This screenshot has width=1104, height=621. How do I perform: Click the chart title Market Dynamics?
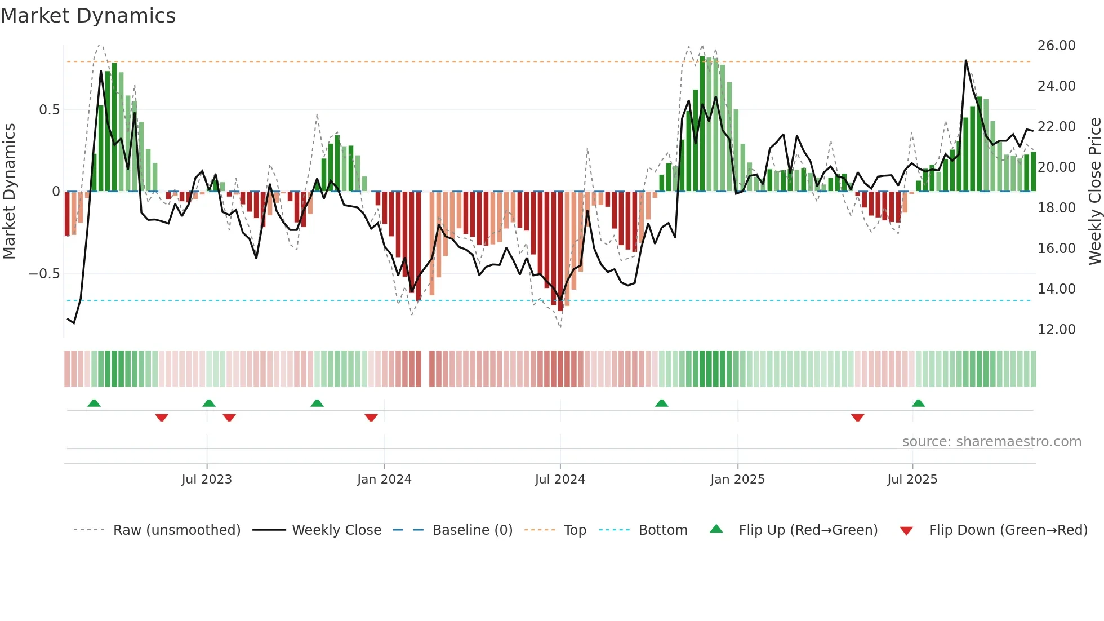[88, 16]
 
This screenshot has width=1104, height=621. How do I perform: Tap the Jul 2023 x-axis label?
[207, 480]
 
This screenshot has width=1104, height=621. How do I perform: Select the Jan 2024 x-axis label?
[384, 480]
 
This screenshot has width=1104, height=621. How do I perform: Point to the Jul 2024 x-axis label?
[560, 480]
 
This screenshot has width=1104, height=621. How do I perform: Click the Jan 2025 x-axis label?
[737, 480]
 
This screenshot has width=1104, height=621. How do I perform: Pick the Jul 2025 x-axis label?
[912, 480]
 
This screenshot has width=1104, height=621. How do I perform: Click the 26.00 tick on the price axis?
[1056, 46]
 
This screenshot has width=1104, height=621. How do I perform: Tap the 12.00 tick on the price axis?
[1056, 330]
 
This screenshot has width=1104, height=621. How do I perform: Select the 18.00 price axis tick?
[1056, 208]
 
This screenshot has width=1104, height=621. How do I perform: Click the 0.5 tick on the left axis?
[49, 110]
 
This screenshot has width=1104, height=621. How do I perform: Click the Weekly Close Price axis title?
[1094, 191]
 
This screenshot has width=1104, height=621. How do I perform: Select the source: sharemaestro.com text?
[991, 442]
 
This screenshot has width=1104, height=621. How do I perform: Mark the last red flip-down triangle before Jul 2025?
[857, 418]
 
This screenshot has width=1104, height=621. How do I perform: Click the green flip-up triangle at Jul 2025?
[918, 403]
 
